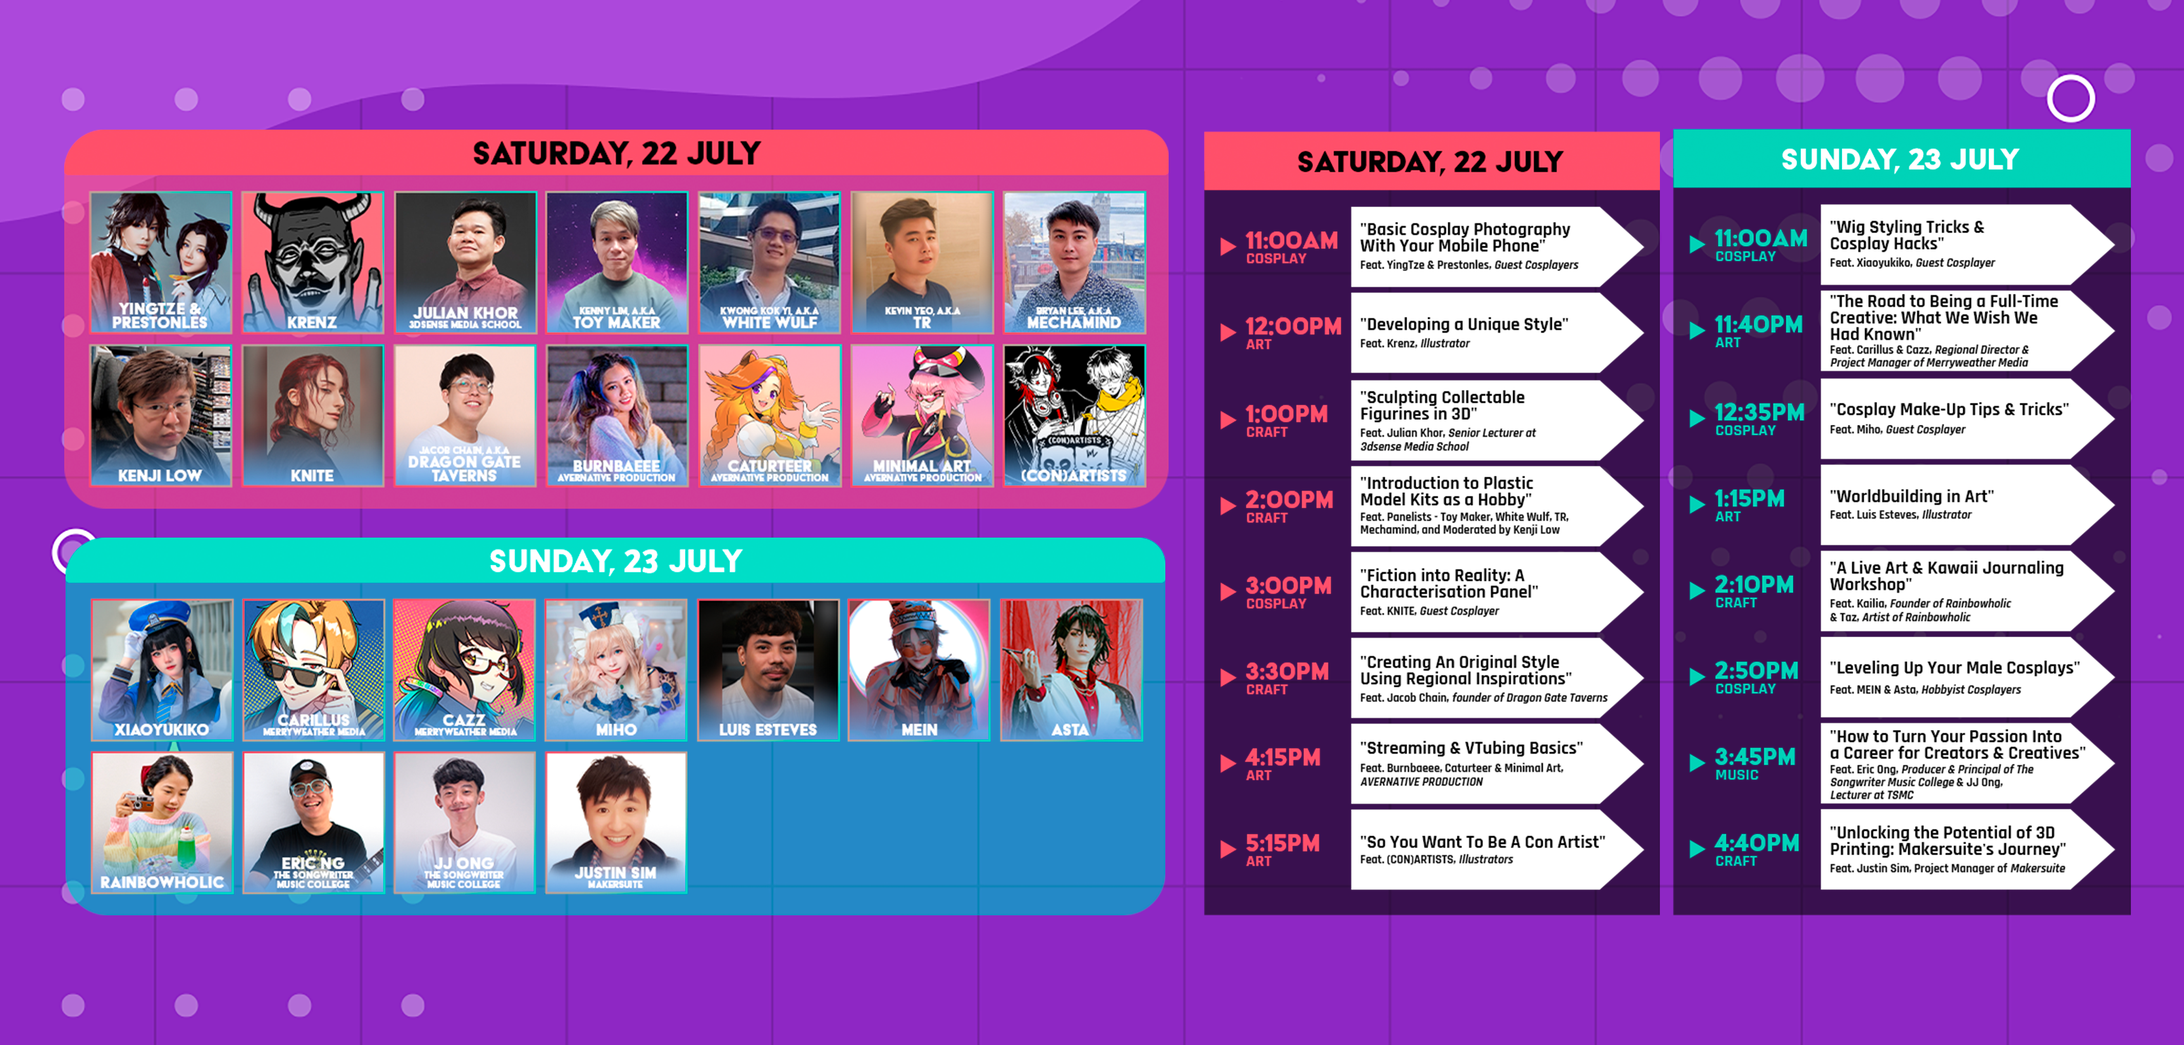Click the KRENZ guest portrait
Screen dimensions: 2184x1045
tap(312, 262)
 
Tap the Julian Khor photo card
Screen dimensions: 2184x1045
tap(464, 262)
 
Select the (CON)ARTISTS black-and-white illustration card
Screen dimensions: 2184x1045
tap(1074, 415)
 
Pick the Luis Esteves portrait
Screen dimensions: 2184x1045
tap(768, 670)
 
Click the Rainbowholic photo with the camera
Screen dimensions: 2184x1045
tap(162, 822)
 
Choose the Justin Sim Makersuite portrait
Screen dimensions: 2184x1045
tap(616, 822)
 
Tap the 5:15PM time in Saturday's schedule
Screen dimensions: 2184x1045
tap(1282, 843)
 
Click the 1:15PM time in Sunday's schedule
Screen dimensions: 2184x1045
tap(1749, 498)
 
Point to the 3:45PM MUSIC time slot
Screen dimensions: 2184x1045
tap(1754, 763)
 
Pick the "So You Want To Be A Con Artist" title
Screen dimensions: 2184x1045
tap(1482, 841)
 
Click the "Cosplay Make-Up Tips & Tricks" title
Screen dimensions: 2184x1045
tap(1948, 409)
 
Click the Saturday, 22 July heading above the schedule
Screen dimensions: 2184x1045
tap(1430, 161)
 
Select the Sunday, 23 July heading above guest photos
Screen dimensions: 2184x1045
tap(616, 561)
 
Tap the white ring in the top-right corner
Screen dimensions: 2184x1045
tap(2071, 99)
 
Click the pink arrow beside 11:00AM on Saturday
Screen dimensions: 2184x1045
tap(1228, 246)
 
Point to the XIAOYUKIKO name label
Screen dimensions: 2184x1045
tap(162, 729)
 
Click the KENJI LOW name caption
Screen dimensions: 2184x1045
tap(160, 475)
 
